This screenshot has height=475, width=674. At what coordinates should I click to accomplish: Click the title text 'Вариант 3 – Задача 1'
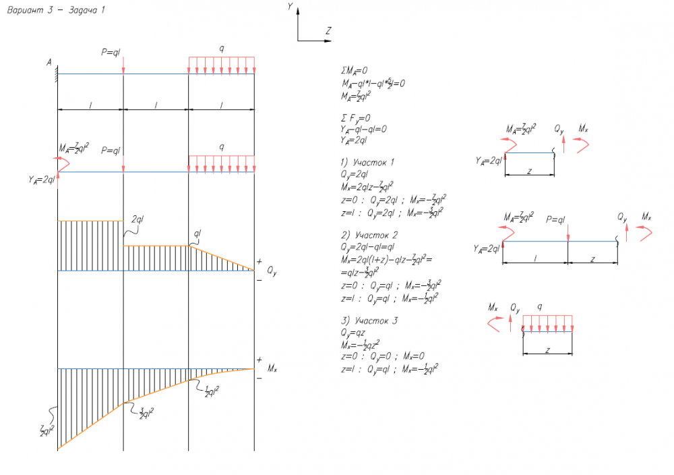(55, 11)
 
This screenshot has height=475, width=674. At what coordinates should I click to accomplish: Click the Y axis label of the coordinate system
(289, 6)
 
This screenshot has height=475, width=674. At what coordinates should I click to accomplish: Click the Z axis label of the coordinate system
(328, 30)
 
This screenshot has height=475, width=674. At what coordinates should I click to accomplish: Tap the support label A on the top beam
(49, 63)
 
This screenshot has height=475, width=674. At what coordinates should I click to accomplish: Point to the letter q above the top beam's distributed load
(221, 49)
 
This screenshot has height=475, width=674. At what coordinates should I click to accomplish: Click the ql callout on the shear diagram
(197, 233)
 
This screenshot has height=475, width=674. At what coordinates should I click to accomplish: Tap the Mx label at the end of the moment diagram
(272, 369)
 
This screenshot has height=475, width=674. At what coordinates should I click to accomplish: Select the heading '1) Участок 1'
(367, 163)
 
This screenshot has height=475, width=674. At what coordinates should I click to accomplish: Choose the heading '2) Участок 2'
(368, 235)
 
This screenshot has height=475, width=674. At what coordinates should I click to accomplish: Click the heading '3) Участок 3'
(368, 320)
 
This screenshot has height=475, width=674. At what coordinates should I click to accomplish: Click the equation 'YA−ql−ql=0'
(364, 130)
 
